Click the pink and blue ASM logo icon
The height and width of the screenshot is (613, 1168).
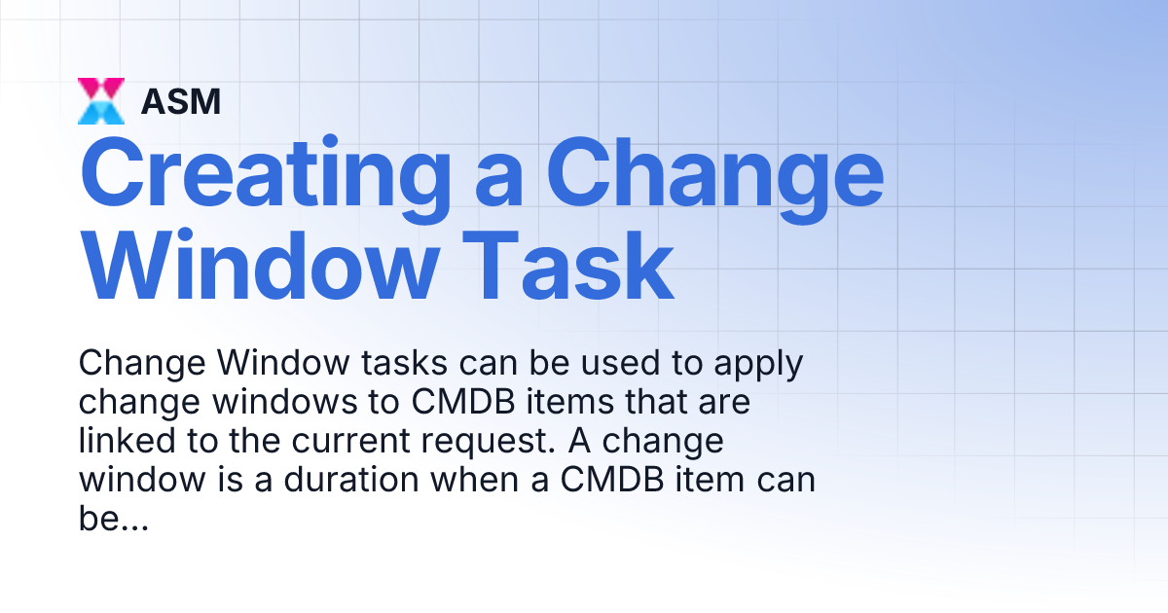pyautogui.click(x=101, y=101)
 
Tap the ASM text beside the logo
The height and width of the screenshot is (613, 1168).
pyautogui.click(x=181, y=101)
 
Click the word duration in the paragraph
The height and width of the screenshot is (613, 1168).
pyautogui.click(x=340, y=480)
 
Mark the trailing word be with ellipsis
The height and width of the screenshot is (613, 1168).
pyautogui.click(x=112, y=519)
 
